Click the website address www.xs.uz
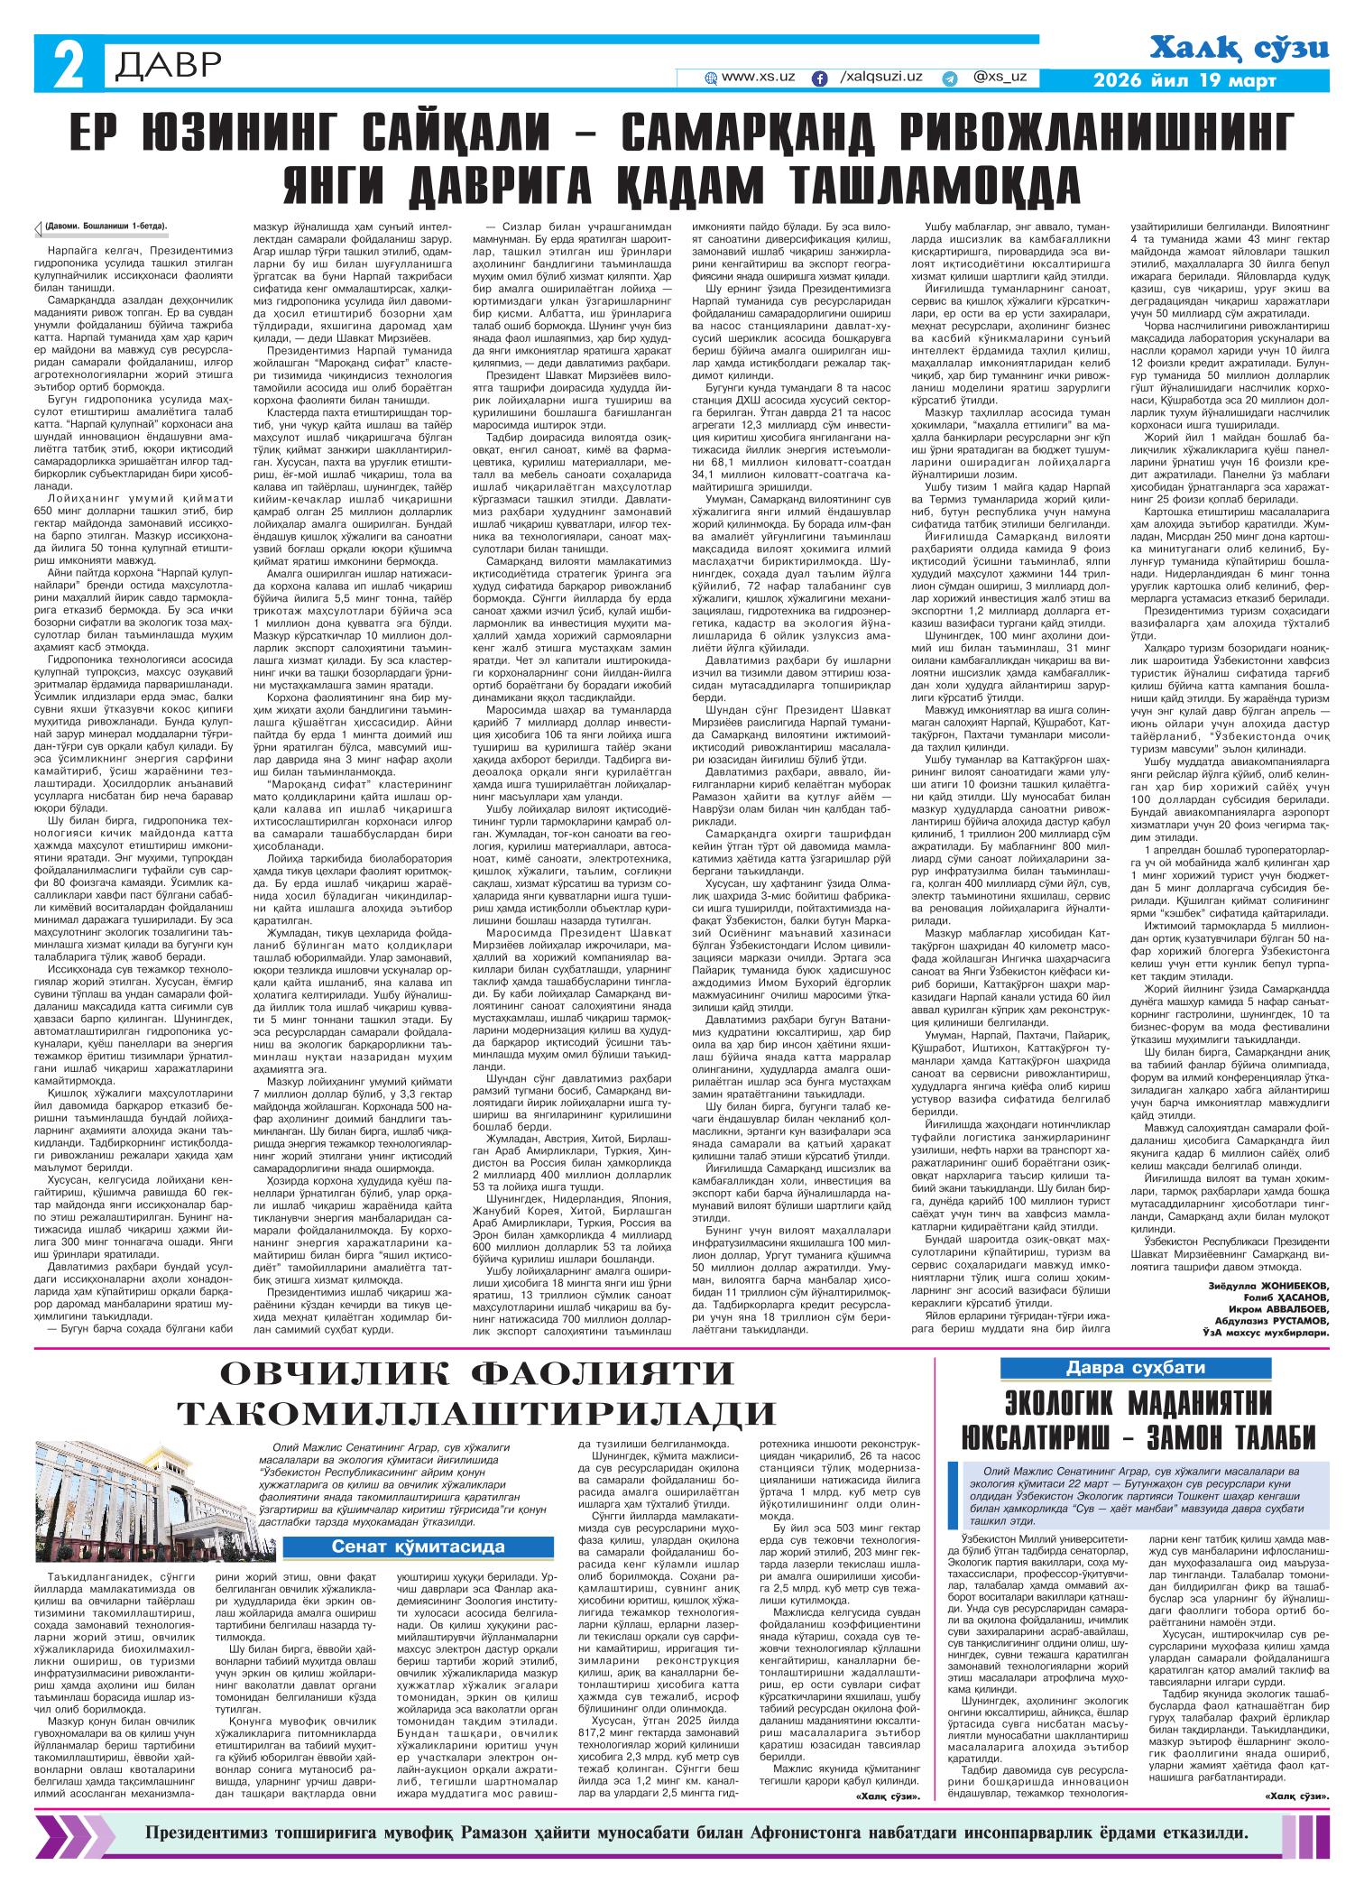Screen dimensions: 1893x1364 point(758,78)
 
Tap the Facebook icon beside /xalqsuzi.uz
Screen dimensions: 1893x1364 point(820,78)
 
